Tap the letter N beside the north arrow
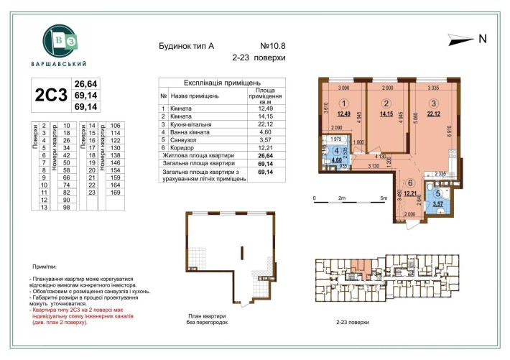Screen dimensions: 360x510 (x=483, y=39)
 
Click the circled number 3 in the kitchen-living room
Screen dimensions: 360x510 (x=432, y=102)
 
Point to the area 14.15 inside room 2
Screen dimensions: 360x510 (x=386, y=113)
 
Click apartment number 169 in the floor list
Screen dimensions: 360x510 (x=114, y=193)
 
